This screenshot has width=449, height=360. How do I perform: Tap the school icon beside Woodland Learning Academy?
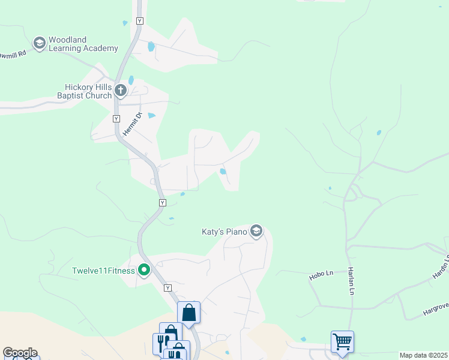coord(40,43)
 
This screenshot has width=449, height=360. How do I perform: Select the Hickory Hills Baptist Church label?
coord(84,91)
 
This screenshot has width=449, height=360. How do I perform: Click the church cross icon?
coord(121,91)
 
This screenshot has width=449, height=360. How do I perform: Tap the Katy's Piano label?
coord(224,232)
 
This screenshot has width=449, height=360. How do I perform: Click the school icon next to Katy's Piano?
coord(256,231)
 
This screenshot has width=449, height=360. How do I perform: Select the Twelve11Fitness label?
coord(103,270)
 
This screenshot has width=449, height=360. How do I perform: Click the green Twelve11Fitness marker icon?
coord(144,270)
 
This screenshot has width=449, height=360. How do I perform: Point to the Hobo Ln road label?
coord(321,275)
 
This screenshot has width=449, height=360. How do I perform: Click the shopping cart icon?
coord(342,341)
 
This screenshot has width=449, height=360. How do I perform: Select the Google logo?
coord(20,353)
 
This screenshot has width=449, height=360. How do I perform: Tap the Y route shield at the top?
coord(140,21)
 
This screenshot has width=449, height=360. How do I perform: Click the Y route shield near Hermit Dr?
coord(117,119)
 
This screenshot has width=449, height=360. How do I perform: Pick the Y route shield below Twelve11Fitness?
coord(167,288)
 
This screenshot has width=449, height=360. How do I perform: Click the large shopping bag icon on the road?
coord(188,312)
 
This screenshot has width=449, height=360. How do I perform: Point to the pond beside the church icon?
coord(131,80)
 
